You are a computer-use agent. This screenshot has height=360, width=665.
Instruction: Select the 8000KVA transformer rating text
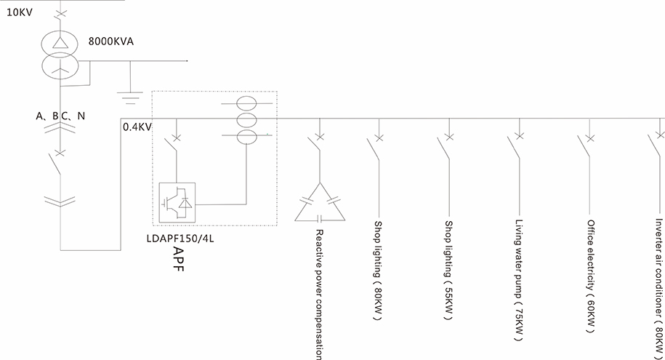pyautogui.click(x=111, y=41)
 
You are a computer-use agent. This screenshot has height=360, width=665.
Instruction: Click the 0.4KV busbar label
pyautogui.click(x=137, y=127)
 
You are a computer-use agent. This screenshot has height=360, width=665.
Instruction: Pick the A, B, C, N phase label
pyautogui.click(x=60, y=115)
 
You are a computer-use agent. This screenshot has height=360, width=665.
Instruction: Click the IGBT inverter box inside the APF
pyautogui.click(x=177, y=202)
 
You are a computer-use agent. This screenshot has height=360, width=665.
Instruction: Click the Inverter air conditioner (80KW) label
pyautogui.click(x=658, y=281)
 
